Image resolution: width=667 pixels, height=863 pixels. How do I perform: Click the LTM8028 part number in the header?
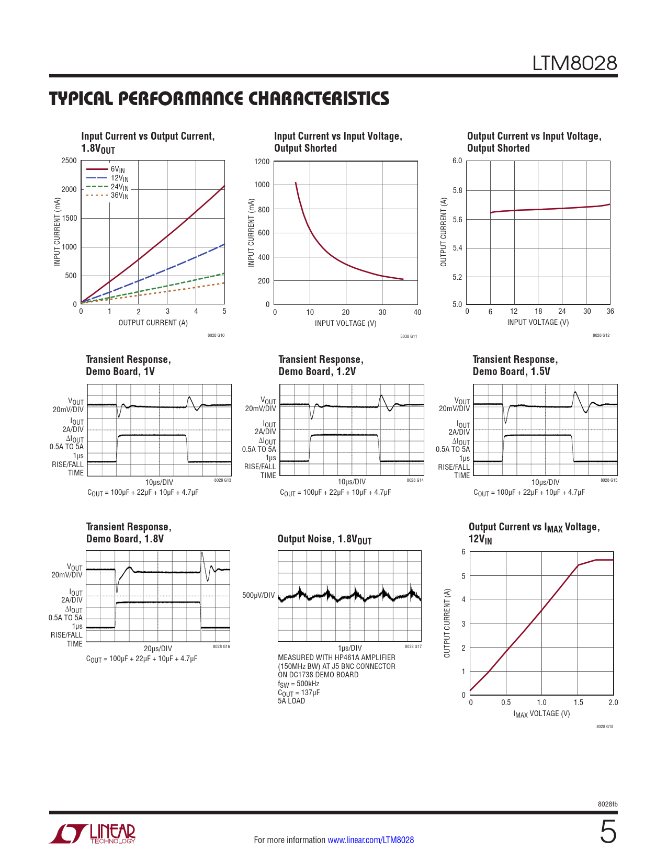point(574,63)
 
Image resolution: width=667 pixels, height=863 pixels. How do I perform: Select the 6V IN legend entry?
point(117,169)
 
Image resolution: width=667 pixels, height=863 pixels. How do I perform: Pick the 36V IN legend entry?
point(119,196)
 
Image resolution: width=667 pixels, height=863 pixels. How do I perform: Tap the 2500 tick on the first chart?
point(69,161)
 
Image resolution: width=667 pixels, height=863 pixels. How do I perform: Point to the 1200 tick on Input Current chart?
point(262,162)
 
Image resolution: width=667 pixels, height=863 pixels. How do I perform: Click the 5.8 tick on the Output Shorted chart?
point(457,190)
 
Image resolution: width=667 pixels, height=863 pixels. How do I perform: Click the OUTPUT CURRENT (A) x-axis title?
point(153,323)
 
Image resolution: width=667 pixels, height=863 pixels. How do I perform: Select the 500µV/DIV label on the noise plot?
point(258,595)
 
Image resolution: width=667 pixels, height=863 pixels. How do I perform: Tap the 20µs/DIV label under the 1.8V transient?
point(158,649)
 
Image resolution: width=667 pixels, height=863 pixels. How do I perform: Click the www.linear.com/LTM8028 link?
point(370,840)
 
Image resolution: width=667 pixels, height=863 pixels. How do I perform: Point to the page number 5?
point(608,832)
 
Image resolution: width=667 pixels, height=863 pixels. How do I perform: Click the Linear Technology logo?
point(93,834)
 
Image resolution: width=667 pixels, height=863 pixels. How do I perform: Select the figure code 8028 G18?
point(605,726)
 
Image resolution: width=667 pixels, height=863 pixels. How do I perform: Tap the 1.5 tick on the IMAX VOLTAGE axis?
point(578,702)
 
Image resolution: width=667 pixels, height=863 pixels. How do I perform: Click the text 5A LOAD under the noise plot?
point(291,701)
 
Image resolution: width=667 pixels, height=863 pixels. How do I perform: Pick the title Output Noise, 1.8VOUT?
point(324,539)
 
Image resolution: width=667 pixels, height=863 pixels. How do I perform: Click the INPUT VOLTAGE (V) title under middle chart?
point(345,323)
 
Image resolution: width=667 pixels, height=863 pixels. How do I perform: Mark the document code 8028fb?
point(607,804)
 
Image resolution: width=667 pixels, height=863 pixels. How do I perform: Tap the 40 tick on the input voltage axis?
point(417,312)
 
